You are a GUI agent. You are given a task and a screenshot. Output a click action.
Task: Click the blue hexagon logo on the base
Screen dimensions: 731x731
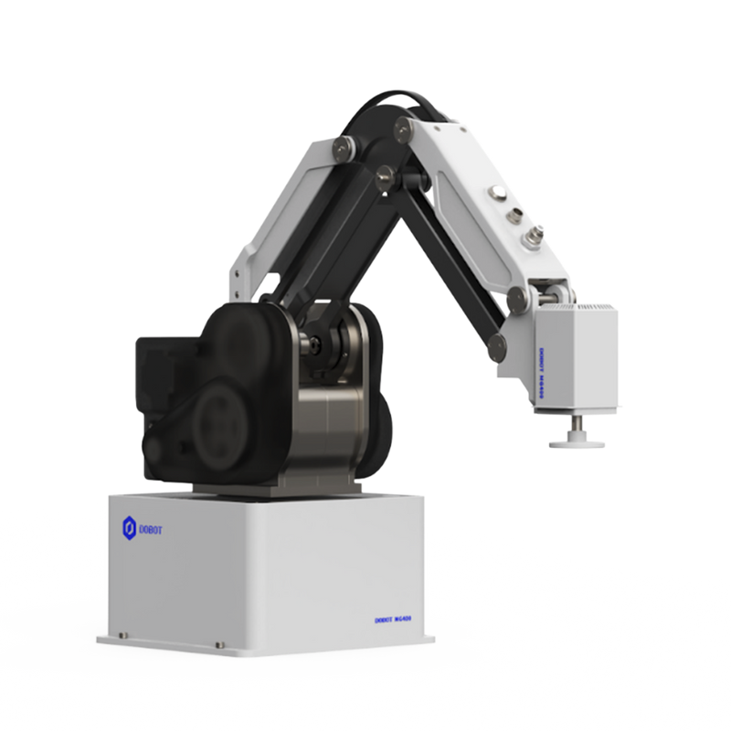pyautogui.click(x=130, y=525)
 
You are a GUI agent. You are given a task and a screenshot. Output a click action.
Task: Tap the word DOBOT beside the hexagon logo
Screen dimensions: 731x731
pyautogui.click(x=154, y=526)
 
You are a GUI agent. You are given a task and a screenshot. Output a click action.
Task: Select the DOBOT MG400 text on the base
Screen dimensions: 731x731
pyautogui.click(x=395, y=619)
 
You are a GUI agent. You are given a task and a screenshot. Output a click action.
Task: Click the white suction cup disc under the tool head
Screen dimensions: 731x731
pyautogui.click(x=577, y=441)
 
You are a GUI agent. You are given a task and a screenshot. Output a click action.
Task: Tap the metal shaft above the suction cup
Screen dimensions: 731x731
pyautogui.click(x=577, y=423)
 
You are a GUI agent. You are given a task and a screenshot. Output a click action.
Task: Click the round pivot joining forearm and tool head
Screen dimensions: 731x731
pyautogui.click(x=517, y=297)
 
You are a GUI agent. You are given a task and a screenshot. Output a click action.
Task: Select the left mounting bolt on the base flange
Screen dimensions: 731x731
pyautogui.click(x=124, y=632)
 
